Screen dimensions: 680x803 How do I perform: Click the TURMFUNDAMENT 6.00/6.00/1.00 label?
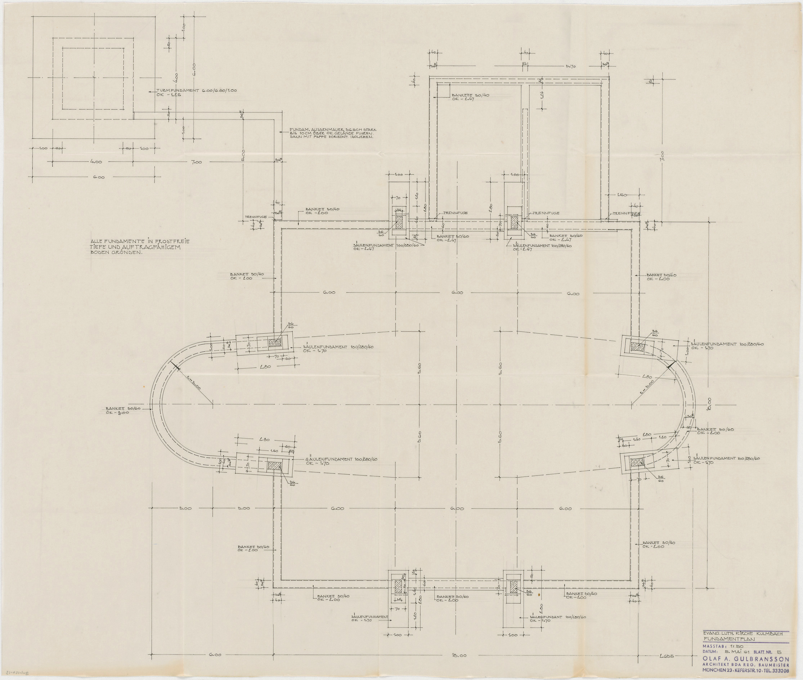[x=197, y=91]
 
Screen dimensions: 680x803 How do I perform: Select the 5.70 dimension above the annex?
[x=571, y=66]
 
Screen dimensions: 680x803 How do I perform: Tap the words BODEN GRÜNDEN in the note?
[x=116, y=254]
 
